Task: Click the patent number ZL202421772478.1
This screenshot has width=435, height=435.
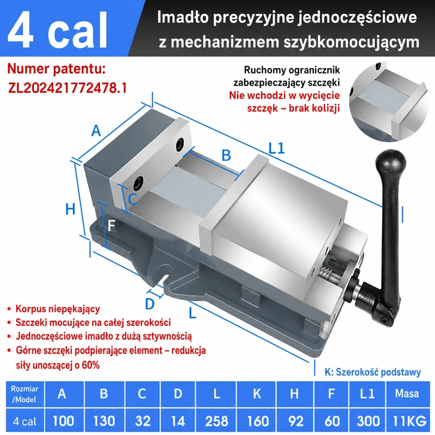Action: coord(67,88)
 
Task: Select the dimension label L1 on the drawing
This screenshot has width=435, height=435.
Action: coord(277,148)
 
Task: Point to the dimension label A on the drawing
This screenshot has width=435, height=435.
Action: coord(96,130)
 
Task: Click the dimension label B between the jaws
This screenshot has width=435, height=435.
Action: coord(226,156)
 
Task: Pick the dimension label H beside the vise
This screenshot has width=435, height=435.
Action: coord(70,209)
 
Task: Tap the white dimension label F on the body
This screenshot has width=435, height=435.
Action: coord(111,226)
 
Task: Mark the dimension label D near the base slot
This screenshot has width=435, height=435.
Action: coord(150,304)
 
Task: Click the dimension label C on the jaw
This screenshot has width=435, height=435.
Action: coord(133,199)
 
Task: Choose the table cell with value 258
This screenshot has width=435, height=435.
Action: coord(216,421)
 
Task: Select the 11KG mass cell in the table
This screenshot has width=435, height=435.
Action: coord(409,421)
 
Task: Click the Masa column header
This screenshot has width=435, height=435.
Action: coord(407,393)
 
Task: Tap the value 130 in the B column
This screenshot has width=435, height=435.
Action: coord(104,421)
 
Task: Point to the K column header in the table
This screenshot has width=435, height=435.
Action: coord(257,393)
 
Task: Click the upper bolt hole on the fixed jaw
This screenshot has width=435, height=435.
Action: coord(180,145)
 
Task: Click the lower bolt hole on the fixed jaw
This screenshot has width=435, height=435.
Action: coord(138,183)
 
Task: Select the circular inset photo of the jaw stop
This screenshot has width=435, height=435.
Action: coord(389,101)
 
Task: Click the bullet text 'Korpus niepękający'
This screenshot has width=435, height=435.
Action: coord(58,309)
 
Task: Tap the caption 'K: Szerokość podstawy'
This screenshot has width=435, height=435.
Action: coord(372,372)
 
